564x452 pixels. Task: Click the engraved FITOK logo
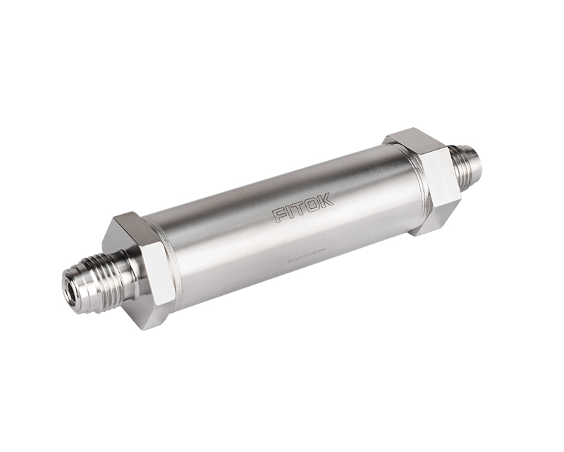click(x=302, y=208)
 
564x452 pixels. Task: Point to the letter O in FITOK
click(x=313, y=204)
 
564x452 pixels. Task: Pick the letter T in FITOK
click(x=301, y=208)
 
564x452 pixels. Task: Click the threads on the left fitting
click(x=99, y=271)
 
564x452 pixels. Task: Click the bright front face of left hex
click(x=157, y=272)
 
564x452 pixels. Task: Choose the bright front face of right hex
click(x=441, y=182)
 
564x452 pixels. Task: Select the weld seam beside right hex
click(x=419, y=177)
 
